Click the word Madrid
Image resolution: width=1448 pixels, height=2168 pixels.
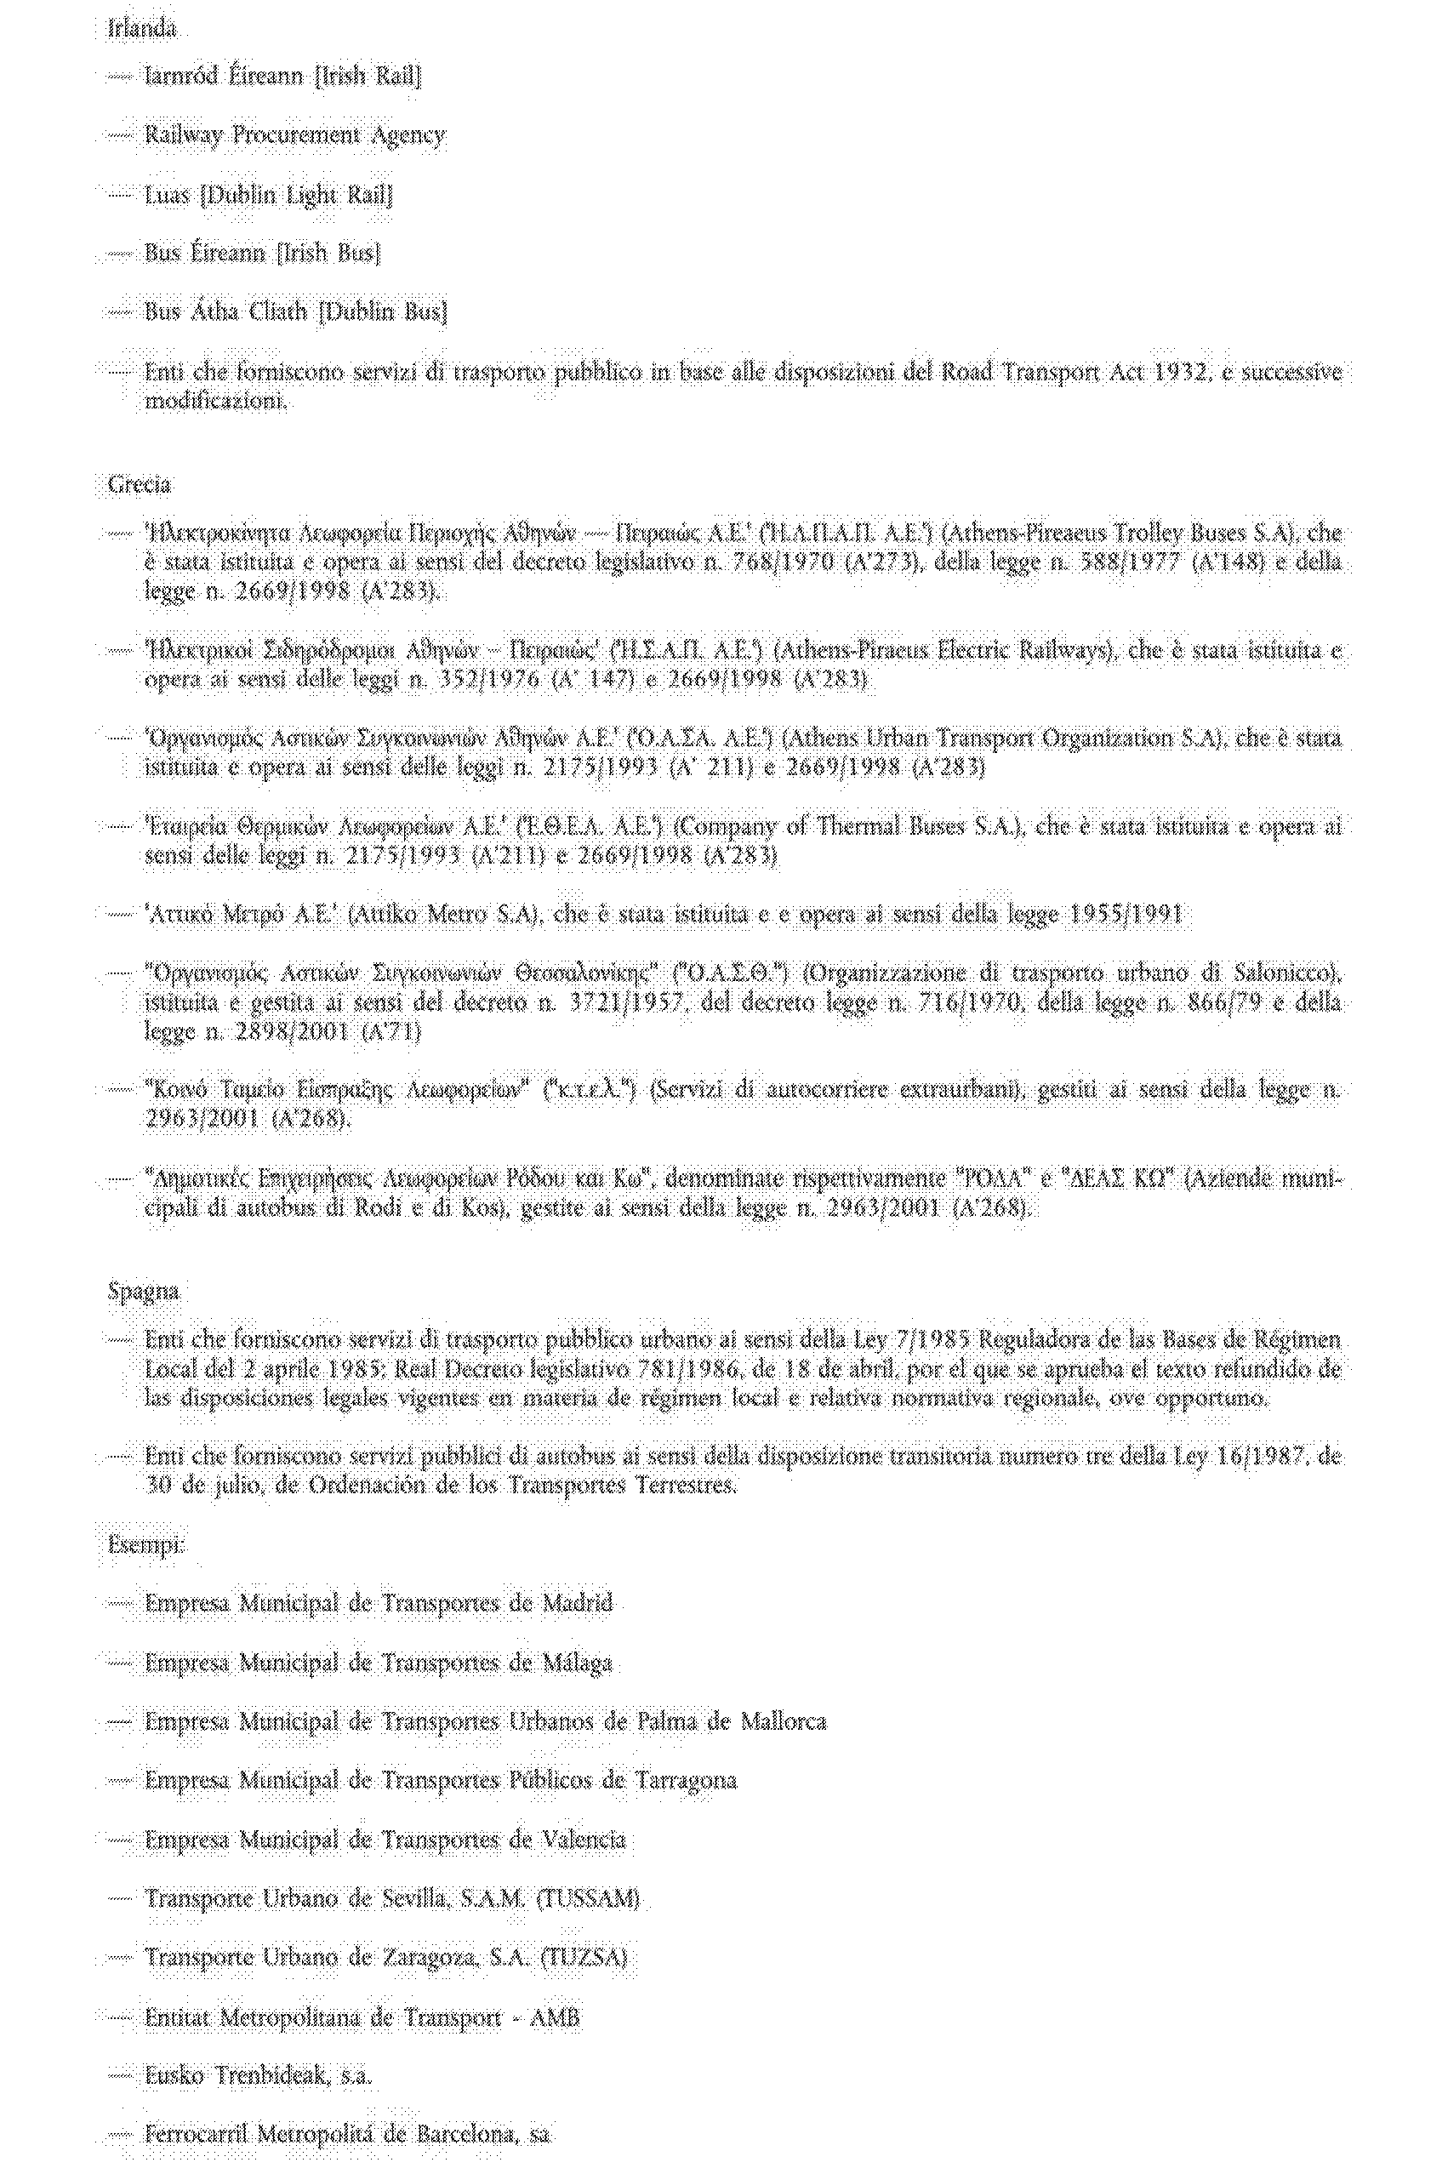[x=577, y=1602]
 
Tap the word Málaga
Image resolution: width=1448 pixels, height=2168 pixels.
[x=577, y=1663]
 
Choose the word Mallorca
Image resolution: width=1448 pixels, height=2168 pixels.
[x=783, y=1722]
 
